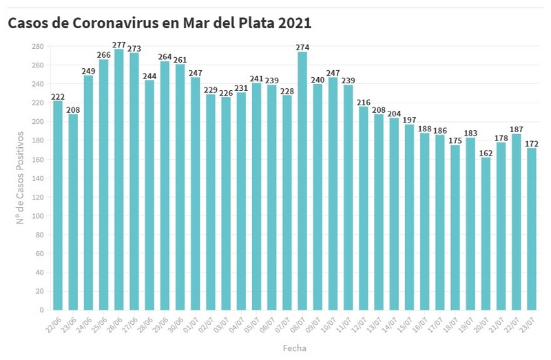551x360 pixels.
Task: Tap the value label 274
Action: point(302,47)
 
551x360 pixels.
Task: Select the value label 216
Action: point(364,102)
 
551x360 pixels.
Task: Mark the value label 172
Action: point(532,143)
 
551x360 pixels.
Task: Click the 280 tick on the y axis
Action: point(38,46)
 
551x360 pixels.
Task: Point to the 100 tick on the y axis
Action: point(38,215)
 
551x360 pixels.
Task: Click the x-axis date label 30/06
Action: point(176,324)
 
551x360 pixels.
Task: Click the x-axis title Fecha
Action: point(294,348)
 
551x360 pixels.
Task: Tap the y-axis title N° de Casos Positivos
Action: point(21,178)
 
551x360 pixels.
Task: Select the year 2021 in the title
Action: point(295,23)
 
